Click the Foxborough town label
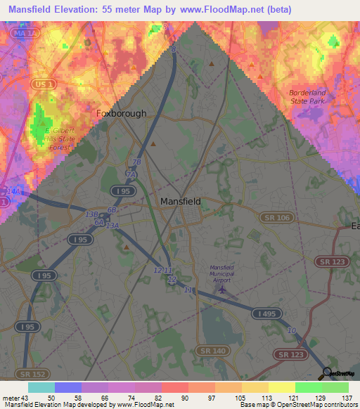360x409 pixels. point(121,112)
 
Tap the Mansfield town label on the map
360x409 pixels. point(181,201)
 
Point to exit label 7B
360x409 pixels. point(137,162)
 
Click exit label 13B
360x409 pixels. point(91,214)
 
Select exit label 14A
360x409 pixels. point(13,191)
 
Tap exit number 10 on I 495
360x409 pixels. point(291,331)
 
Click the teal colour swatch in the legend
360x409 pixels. point(41,387)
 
